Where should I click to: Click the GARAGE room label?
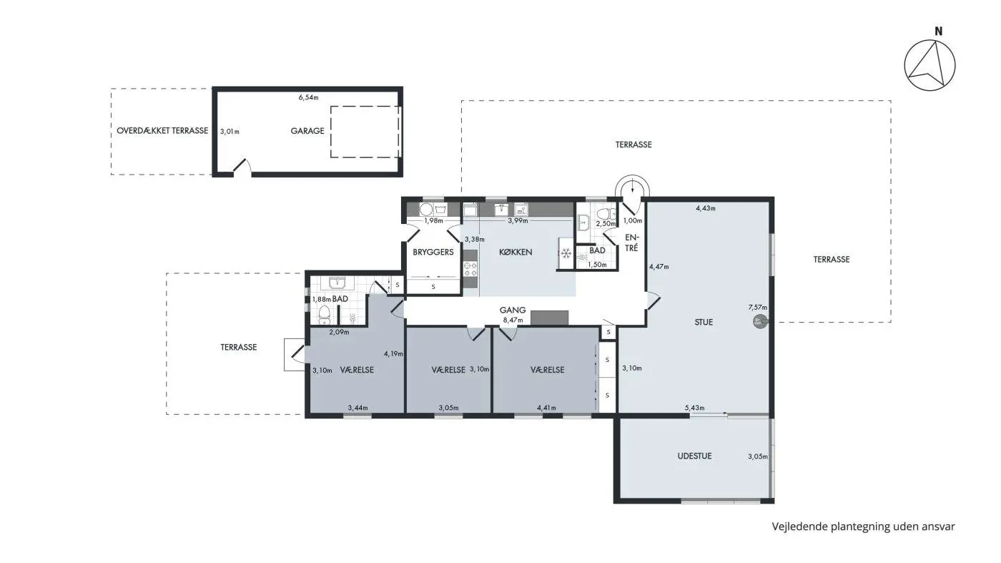click(307, 131)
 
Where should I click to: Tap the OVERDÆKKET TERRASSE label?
click(162, 131)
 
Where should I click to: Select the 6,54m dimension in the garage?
click(308, 97)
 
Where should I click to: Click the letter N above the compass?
click(938, 31)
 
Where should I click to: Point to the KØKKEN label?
click(516, 253)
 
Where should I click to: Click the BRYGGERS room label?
click(433, 253)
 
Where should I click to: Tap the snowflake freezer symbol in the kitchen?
click(566, 254)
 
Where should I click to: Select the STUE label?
click(704, 323)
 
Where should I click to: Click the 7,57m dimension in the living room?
click(757, 308)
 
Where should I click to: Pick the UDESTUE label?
click(694, 456)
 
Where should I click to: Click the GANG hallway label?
click(513, 310)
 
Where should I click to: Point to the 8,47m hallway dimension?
click(513, 320)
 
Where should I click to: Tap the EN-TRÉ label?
click(632, 243)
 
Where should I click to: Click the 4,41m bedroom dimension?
click(546, 408)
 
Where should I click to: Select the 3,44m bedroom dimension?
click(358, 408)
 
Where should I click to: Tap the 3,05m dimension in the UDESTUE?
click(757, 456)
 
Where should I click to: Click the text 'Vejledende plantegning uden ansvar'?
click(863, 527)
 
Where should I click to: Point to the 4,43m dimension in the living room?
click(706, 208)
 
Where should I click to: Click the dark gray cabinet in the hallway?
click(549, 318)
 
